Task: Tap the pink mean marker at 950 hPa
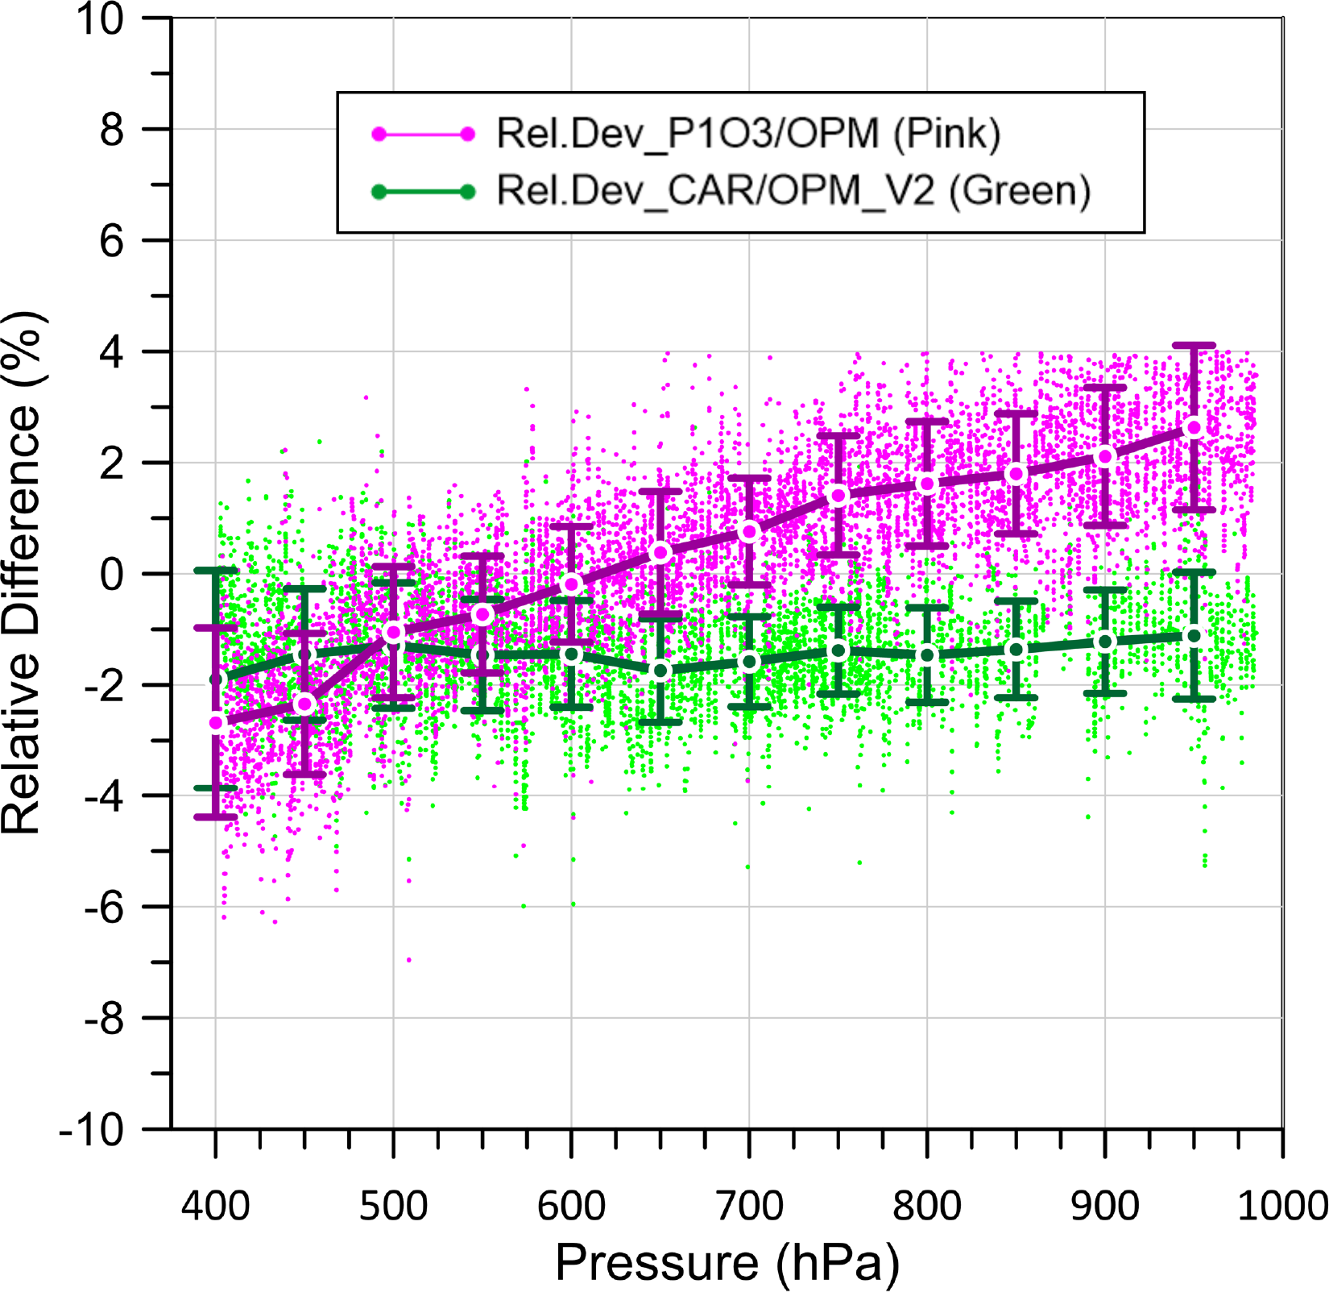point(1194,428)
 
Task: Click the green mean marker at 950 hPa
point(1194,636)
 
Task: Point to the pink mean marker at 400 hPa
point(216,723)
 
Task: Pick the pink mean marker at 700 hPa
point(749,531)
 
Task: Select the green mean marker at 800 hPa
point(927,654)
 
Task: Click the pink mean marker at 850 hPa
point(1016,474)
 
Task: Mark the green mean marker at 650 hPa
point(660,671)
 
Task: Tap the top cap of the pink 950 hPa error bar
point(1194,345)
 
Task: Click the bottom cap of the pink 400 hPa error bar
point(216,817)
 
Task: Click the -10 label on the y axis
point(92,1128)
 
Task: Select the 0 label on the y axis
point(112,574)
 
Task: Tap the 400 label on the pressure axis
point(215,1207)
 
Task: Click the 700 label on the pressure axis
point(749,1207)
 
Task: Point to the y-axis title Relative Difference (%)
point(22,573)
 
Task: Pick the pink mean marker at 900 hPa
point(1105,456)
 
